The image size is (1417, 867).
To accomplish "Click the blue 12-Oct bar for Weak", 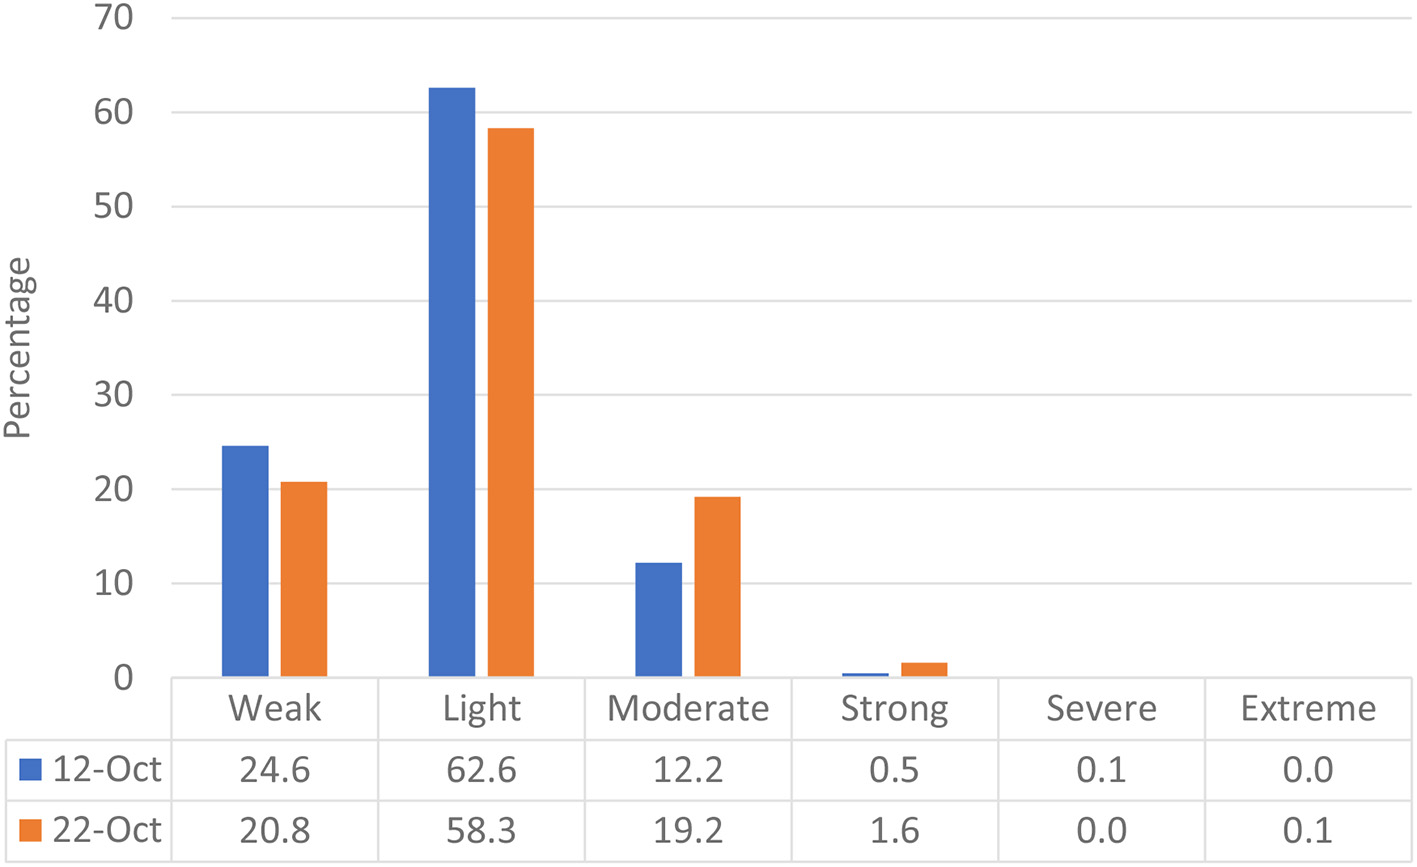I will (245, 561).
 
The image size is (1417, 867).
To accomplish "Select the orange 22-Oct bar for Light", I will (510, 402).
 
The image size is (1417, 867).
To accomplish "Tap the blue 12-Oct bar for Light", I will (452, 382).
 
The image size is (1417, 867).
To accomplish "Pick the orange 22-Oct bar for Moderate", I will (717, 587).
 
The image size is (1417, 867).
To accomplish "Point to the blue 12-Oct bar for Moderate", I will (659, 620).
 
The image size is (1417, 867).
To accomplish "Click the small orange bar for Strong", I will (924, 670).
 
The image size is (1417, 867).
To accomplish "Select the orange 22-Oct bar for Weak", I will (304, 579).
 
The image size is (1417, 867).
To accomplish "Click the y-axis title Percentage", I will (18, 348).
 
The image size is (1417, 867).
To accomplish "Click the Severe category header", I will (1101, 709).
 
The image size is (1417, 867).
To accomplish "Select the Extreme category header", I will (1308, 709).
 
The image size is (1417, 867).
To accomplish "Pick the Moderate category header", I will (688, 709).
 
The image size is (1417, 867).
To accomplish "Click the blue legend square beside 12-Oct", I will (31, 770).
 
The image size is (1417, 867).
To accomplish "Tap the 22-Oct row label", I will (107, 831).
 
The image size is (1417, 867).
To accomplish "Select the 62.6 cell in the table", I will (481, 770).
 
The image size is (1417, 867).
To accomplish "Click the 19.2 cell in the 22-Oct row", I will (688, 831).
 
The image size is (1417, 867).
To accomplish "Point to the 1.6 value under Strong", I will (894, 831).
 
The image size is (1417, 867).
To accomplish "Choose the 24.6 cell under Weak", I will (275, 770).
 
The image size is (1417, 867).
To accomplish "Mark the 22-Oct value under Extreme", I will (1308, 831).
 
